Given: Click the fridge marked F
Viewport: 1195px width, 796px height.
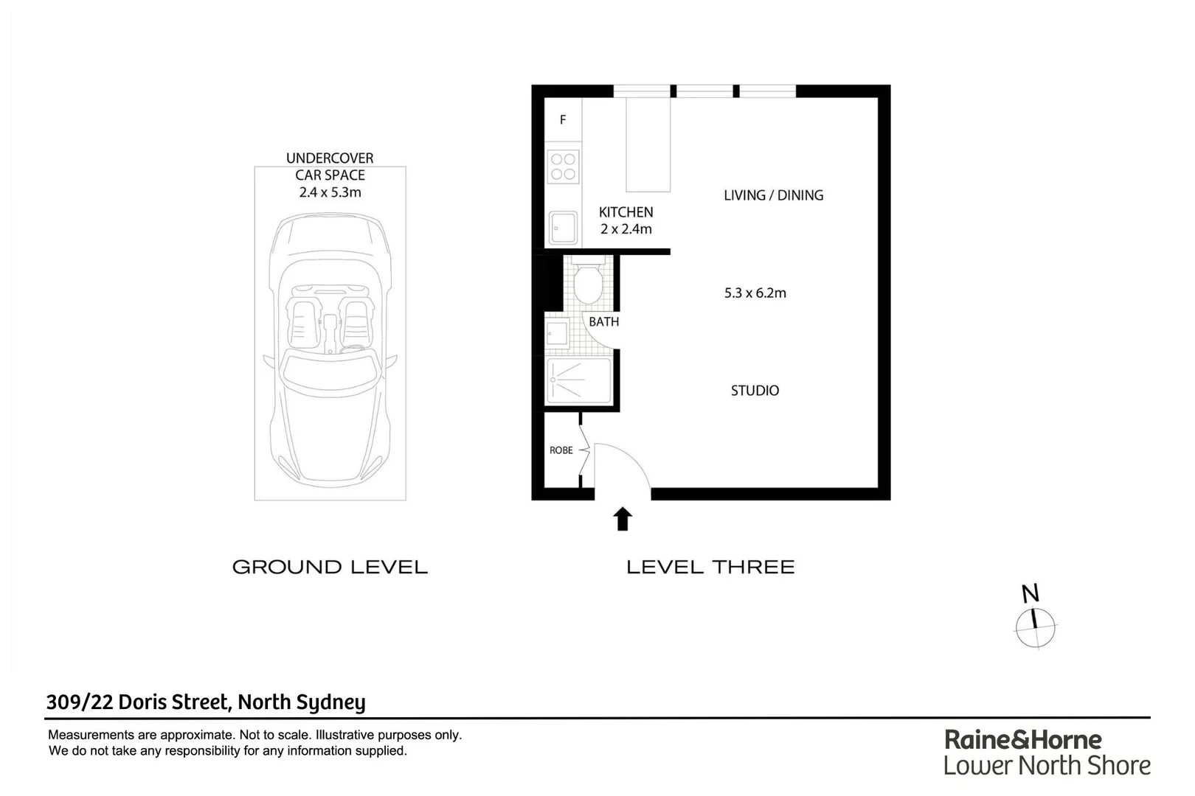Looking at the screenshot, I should (x=563, y=119).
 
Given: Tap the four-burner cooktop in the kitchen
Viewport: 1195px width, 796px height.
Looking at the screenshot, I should (x=563, y=167).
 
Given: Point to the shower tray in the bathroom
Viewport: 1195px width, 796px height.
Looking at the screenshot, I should (x=578, y=381).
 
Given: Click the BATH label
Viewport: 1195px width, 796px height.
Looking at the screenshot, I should (x=603, y=322).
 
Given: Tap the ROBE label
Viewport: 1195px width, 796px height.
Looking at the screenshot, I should (x=561, y=450).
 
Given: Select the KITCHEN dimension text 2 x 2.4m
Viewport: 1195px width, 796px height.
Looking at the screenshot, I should (x=626, y=229).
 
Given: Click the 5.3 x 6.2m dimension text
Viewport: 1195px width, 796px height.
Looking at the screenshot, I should (x=755, y=293).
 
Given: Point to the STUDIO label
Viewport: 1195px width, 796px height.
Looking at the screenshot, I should (x=755, y=391).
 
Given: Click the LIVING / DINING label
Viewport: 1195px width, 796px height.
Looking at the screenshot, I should (x=773, y=195).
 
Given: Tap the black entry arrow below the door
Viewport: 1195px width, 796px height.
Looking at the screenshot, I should (x=623, y=519).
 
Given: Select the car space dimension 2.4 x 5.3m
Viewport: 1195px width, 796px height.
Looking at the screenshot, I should (x=330, y=192).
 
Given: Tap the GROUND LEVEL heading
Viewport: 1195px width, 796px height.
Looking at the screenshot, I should (x=330, y=567).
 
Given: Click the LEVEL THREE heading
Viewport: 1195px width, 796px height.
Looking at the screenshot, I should (x=710, y=567).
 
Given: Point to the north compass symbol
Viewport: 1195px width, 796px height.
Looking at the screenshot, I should (x=1035, y=626).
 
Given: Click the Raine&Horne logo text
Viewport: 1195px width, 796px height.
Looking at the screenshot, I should (x=1022, y=739).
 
